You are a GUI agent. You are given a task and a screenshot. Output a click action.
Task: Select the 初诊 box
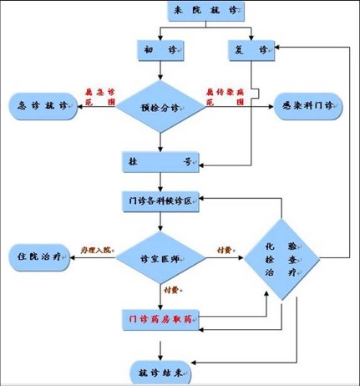(x=160, y=51)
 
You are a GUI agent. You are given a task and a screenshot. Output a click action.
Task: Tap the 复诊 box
(x=249, y=51)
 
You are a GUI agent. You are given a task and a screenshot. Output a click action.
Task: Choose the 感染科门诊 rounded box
(x=307, y=106)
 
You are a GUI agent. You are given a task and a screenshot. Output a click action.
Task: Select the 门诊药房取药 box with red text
(x=160, y=319)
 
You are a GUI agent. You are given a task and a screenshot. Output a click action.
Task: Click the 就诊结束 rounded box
(x=160, y=370)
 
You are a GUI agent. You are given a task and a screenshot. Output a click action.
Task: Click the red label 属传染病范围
(x=224, y=96)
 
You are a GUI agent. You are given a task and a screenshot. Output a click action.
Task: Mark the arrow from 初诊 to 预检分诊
(x=160, y=71)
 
